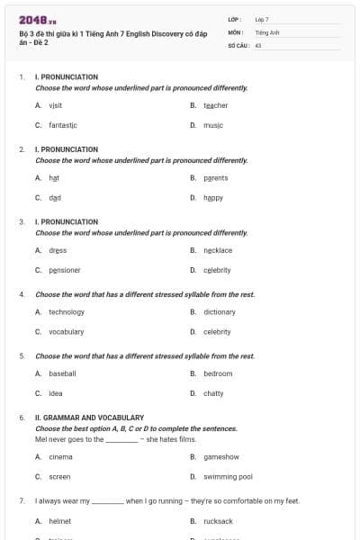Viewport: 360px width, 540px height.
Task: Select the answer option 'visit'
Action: click(x=55, y=105)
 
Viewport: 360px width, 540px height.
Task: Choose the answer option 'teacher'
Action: click(x=215, y=105)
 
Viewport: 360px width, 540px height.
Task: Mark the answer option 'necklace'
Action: click(x=218, y=250)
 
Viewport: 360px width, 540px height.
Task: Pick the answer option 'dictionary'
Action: click(x=219, y=311)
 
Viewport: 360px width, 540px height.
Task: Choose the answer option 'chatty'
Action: click(x=213, y=393)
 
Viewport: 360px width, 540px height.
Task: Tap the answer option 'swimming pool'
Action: click(x=228, y=476)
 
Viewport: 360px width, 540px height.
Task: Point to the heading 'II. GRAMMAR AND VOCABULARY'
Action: click(x=89, y=418)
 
